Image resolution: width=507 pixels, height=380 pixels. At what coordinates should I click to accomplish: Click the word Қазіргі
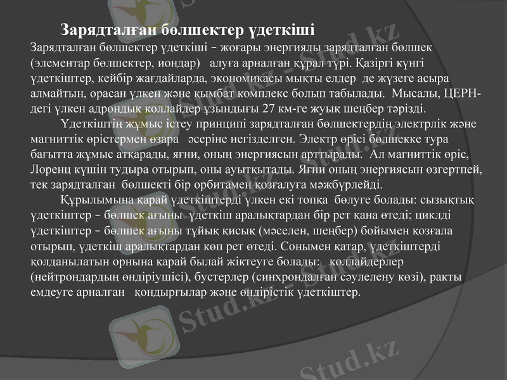point(381,64)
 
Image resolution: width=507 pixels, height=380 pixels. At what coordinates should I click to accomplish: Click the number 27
point(269,108)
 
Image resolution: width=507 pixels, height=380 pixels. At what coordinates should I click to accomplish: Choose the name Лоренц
point(49,170)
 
